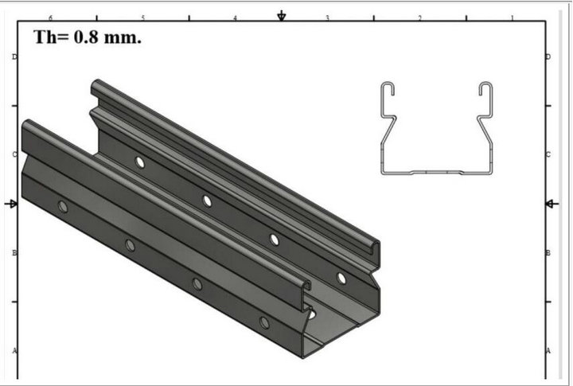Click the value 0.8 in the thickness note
(x=86, y=37)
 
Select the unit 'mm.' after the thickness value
(x=123, y=38)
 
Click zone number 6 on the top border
(x=51, y=18)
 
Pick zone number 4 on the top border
(x=236, y=18)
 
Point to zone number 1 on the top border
(x=513, y=18)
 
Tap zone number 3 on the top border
(x=328, y=18)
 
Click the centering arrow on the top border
(x=282, y=16)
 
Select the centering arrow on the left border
(x=11, y=204)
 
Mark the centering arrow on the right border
(x=552, y=204)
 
